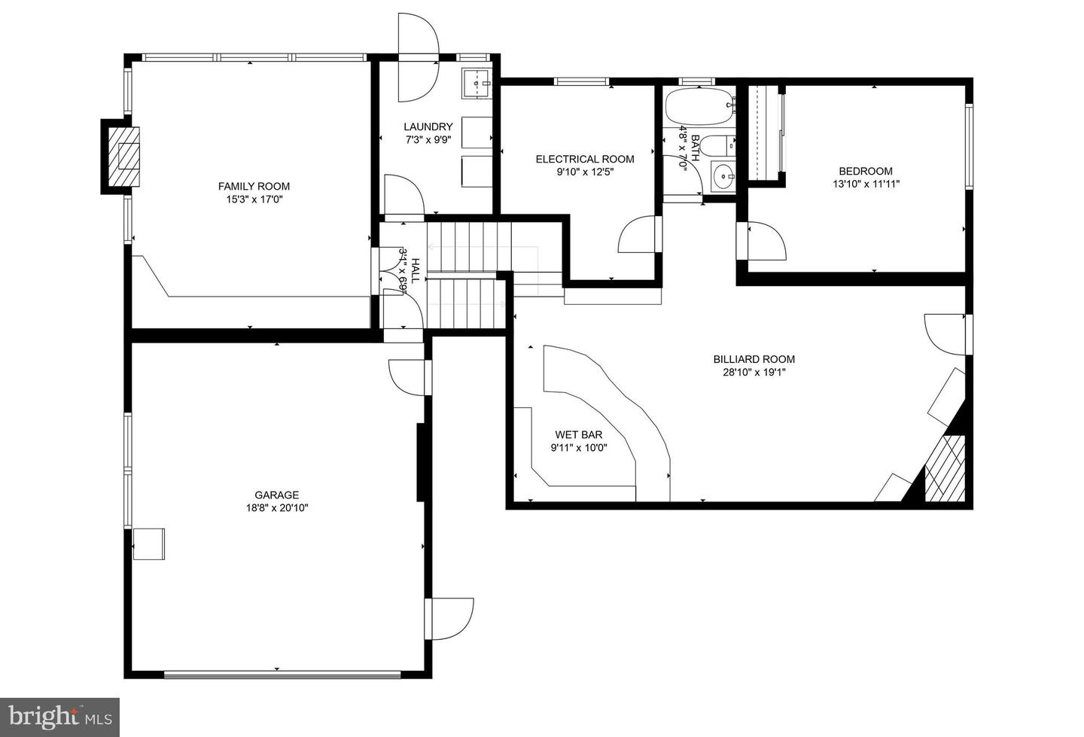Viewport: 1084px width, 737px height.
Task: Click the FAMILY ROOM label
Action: click(x=254, y=186)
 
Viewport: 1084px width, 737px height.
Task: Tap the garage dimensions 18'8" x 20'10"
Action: click(x=276, y=508)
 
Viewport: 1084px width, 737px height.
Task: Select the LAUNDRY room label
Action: click(x=428, y=126)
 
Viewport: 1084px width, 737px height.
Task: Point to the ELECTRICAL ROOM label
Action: click(x=584, y=159)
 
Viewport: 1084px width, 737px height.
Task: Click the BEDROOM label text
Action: click(x=866, y=171)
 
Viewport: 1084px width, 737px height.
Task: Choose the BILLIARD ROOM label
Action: click(x=754, y=359)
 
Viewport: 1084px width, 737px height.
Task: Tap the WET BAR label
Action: click(x=578, y=434)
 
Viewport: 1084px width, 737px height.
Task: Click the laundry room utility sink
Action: click(x=477, y=83)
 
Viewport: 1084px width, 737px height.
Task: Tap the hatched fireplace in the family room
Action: click(x=123, y=157)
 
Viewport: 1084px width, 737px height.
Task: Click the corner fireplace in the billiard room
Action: click(x=945, y=467)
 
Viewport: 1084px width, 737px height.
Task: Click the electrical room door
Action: click(x=638, y=235)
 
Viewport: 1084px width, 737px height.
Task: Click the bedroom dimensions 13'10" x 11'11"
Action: click(x=866, y=184)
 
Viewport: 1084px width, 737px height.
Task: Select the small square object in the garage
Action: click(x=149, y=544)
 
